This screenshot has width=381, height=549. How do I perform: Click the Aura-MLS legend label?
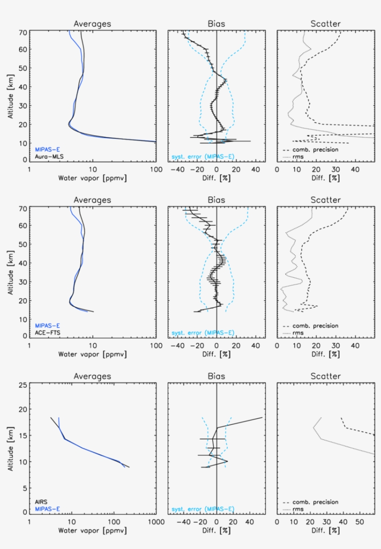(49, 157)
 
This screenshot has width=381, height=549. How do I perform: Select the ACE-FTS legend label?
(48, 333)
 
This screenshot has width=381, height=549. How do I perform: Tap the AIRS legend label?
(41, 502)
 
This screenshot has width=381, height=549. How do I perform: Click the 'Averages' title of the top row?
(92, 24)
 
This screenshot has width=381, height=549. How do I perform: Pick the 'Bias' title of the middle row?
(216, 200)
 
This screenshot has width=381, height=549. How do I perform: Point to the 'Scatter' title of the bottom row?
(326, 376)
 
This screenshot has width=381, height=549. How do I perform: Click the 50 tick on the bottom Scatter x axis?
(359, 522)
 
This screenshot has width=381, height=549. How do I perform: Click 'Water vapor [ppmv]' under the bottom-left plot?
(92, 530)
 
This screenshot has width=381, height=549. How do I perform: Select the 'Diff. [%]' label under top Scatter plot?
(325, 178)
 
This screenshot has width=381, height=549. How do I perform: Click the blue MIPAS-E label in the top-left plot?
(48, 150)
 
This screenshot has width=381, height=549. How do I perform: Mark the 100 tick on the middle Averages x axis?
(155, 346)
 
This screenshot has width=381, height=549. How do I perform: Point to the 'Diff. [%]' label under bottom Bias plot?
(216, 530)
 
